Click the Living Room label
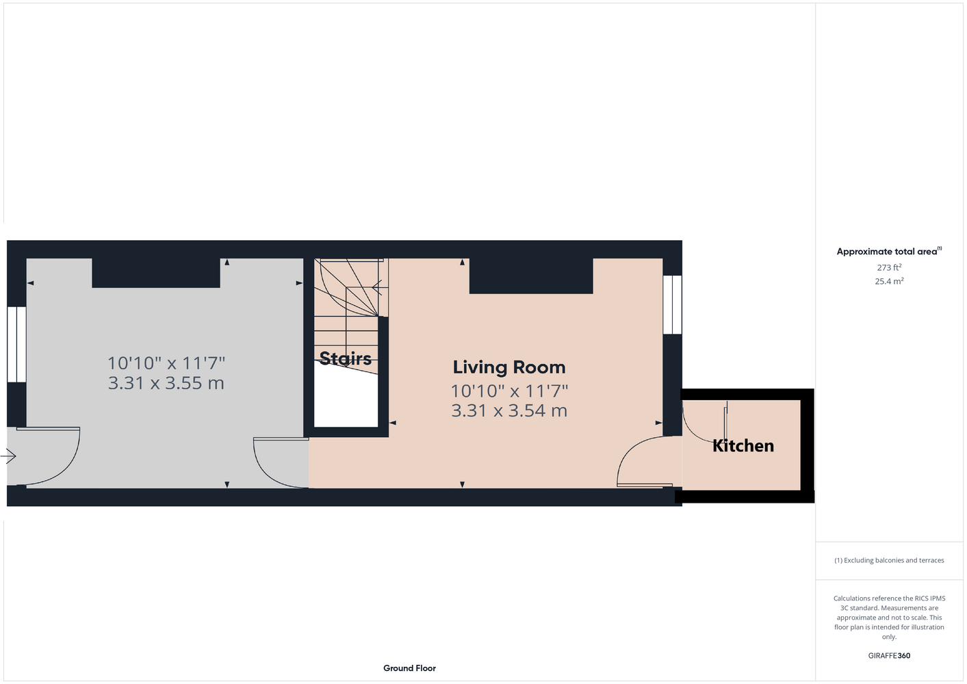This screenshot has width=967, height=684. point(509,367)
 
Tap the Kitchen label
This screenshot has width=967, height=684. point(743,446)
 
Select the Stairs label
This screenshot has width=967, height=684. point(346,358)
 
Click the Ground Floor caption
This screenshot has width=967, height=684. point(409,668)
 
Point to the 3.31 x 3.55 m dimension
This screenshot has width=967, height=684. point(166,383)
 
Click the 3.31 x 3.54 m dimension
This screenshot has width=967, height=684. point(509,410)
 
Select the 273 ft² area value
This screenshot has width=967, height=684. point(889,267)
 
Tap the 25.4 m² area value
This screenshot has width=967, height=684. point(889,281)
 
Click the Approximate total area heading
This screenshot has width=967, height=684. point(889,251)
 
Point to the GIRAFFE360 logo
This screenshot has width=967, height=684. point(889,655)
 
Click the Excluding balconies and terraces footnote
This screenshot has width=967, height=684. point(889,560)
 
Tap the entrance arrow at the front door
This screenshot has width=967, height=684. point(8,456)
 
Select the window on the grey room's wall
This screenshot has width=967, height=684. point(16,344)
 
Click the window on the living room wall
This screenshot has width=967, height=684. point(672,304)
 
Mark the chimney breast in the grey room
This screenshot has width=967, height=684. point(156,273)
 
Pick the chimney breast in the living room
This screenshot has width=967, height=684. point(531,276)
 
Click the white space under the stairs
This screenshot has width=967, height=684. point(346,397)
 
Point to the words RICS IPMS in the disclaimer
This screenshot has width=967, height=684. point(926,598)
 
